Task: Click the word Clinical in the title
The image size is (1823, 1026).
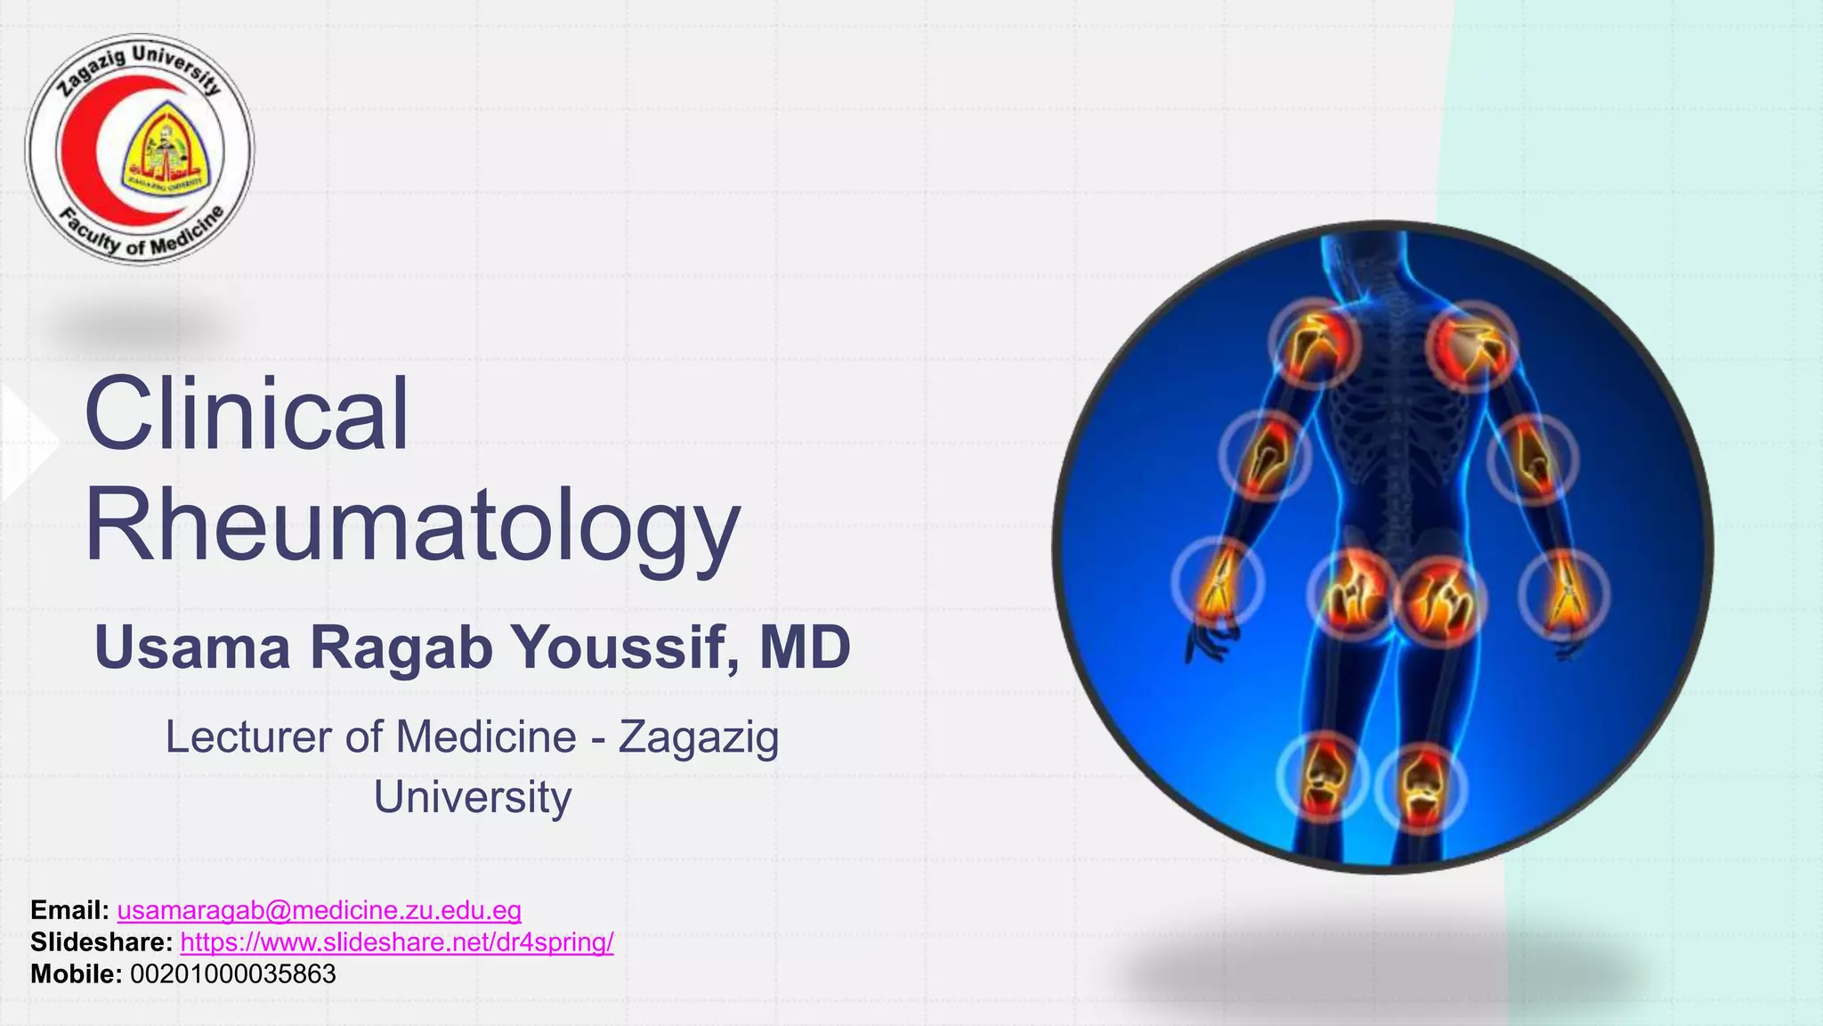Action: click(247, 415)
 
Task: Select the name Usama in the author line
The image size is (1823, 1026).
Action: click(192, 647)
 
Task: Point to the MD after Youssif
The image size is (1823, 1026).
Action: click(805, 647)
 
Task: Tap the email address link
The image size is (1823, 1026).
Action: click(319, 910)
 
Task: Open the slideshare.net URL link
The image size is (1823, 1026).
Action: click(396, 942)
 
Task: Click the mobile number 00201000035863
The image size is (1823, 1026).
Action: click(233, 974)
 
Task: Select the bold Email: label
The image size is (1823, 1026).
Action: click(69, 910)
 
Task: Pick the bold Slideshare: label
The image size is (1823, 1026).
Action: click(101, 942)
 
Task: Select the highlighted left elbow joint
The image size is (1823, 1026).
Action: click(1265, 456)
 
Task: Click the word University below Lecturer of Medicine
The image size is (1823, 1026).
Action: click(472, 798)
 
